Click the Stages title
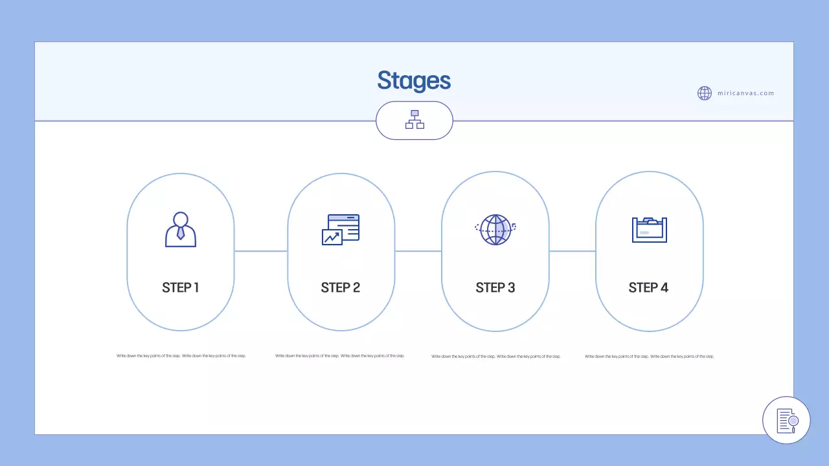(x=414, y=81)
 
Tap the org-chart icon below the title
(x=414, y=120)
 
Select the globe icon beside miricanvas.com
(x=705, y=93)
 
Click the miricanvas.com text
(x=745, y=93)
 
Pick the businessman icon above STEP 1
(x=181, y=229)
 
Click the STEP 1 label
(x=181, y=287)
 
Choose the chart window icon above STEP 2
(x=341, y=229)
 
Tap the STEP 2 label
(x=341, y=287)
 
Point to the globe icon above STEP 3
(x=495, y=229)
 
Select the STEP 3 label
(x=495, y=287)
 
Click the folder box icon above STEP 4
(x=649, y=229)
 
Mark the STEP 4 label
(x=648, y=287)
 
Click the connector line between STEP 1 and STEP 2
(x=261, y=251)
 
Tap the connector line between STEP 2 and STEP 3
(x=418, y=251)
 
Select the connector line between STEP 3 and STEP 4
(x=573, y=251)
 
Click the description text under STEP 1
(x=181, y=356)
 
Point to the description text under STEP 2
(x=340, y=356)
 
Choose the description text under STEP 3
(x=496, y=357)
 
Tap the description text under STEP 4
(x=650, y=357)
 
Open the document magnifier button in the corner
(x=786, y=420)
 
